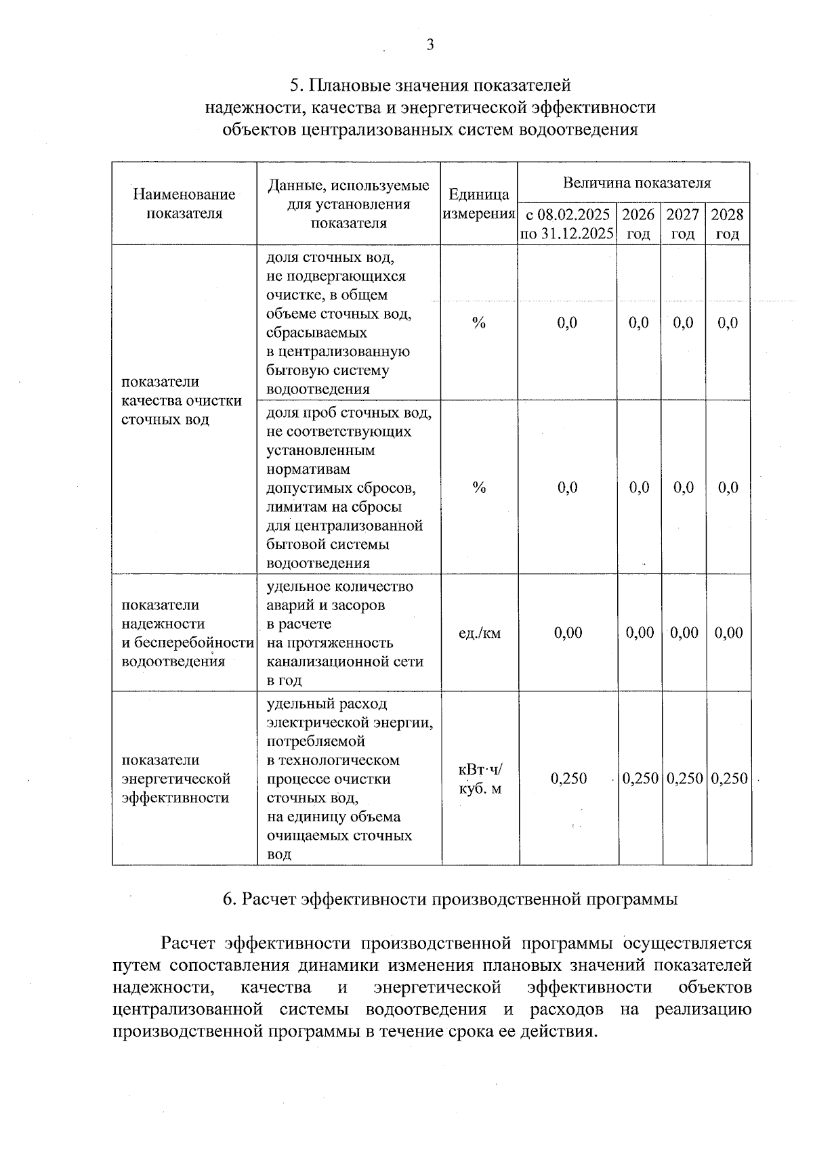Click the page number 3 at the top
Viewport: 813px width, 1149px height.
click(x=430, y=45)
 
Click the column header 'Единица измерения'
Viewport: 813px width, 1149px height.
click(x=478, y=204)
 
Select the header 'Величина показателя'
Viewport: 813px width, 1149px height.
click(x=636, y=183)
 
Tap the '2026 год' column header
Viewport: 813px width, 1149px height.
click(x=638, y=224)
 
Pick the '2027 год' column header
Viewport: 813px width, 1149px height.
click(x=683, y=224)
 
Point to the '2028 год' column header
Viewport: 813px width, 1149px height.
click(x=727, y=224)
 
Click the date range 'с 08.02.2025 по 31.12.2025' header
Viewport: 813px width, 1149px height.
click(x=567, y=224)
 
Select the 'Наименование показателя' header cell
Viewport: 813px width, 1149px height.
click(x=184, y=204)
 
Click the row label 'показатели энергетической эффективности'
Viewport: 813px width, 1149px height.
click(x=176, y=779)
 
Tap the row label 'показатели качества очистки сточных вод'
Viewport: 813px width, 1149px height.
click(x=181, y=400)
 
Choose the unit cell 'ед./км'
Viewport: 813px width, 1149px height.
click(x=480, y=633)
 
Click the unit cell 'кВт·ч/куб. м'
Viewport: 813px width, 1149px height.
click(x=480, y=779)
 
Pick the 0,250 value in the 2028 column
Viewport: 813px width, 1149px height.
click(x=729, y=779)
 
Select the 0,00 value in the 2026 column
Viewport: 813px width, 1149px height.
click(x=640, y=633)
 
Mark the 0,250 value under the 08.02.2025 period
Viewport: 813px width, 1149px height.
click(x=568, y=779)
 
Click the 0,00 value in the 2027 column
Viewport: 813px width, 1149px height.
click(x=684, y=633)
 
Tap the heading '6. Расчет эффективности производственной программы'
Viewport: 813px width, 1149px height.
click(x=451, y=899)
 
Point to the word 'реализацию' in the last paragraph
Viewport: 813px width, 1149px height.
click(x=703, y=1010)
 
